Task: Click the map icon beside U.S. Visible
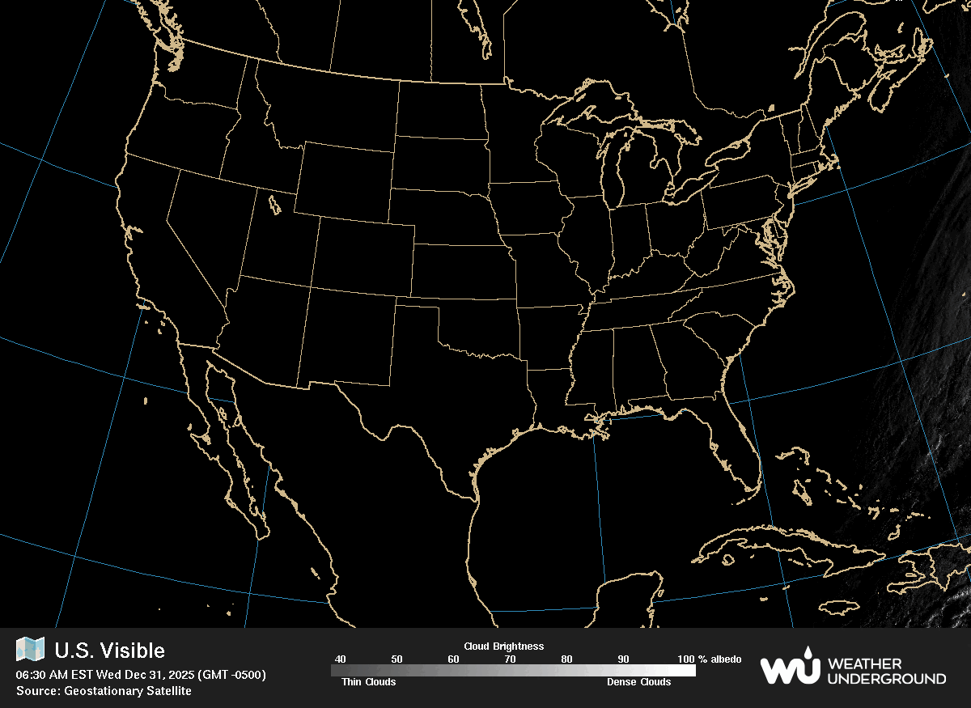30,650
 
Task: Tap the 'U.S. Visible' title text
109,651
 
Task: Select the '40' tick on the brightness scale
340,659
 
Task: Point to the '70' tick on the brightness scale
510,659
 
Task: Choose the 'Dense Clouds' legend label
638,682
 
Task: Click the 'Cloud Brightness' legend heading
503,647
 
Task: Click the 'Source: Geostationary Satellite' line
104,691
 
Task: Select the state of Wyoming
344,182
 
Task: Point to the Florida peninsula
740,453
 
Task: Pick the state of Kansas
461,271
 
